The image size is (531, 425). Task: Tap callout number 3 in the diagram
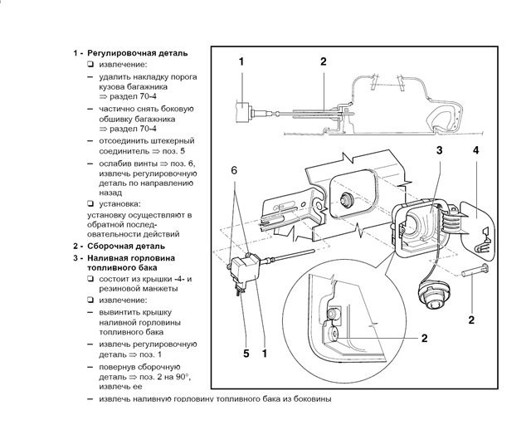[439, 150]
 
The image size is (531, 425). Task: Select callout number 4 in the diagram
[475, 150]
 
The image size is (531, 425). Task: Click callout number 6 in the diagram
[235, 169]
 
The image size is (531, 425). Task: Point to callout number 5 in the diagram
[246, 353]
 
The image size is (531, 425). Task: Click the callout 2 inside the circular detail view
[424, 338]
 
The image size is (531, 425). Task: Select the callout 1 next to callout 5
[265, 353]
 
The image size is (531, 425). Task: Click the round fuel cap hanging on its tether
[432, 294]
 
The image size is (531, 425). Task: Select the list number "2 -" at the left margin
[77, 247]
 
